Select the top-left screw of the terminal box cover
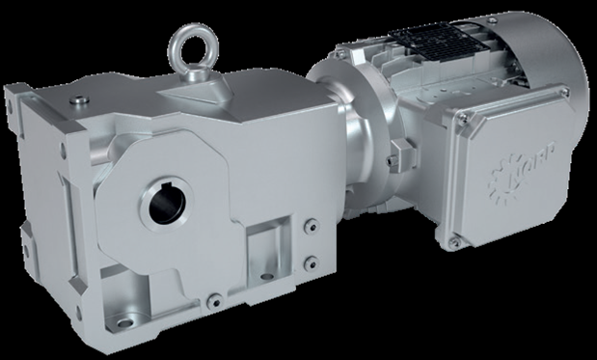tap(462, 120)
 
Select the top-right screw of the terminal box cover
tap(564, 92)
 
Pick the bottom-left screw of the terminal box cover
tap(453, 242)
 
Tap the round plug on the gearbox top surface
tap(80, 99)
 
